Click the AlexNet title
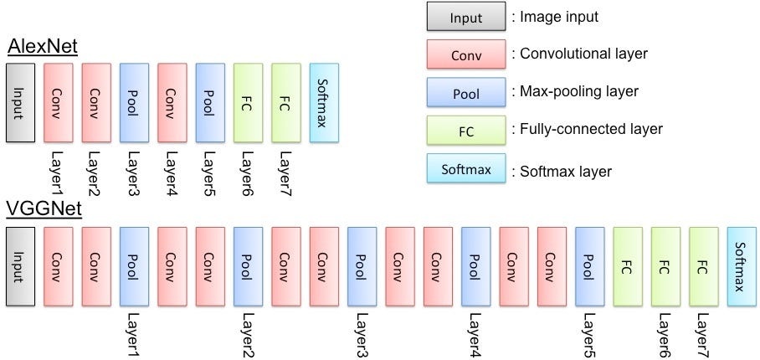click(x=43, y=49)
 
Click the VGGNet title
click(x=44, y=211)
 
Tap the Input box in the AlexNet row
click(x=20, y=103)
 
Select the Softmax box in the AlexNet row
click(x=324, y=103)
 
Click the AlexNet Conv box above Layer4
click(x=172, y=103)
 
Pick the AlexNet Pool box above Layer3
click(x=134, y=103)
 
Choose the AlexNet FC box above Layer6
click(x=248, y=103)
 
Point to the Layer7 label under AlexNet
click(x=285, y=174)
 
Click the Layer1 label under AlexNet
click(x=58, y=174)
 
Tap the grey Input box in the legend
click(x=466, y=17)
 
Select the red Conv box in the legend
click(x=466, y=54)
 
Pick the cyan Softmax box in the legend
click(x=466, y=168)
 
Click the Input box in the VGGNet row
click(x=20, y=266)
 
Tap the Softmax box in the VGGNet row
click(x=742, y=266)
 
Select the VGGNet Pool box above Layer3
click(x=362, y=266)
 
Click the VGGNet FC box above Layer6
click(x=665, y=266)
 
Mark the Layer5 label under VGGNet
click(x=589, y=335)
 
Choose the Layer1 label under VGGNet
click(x=134, y=335)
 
